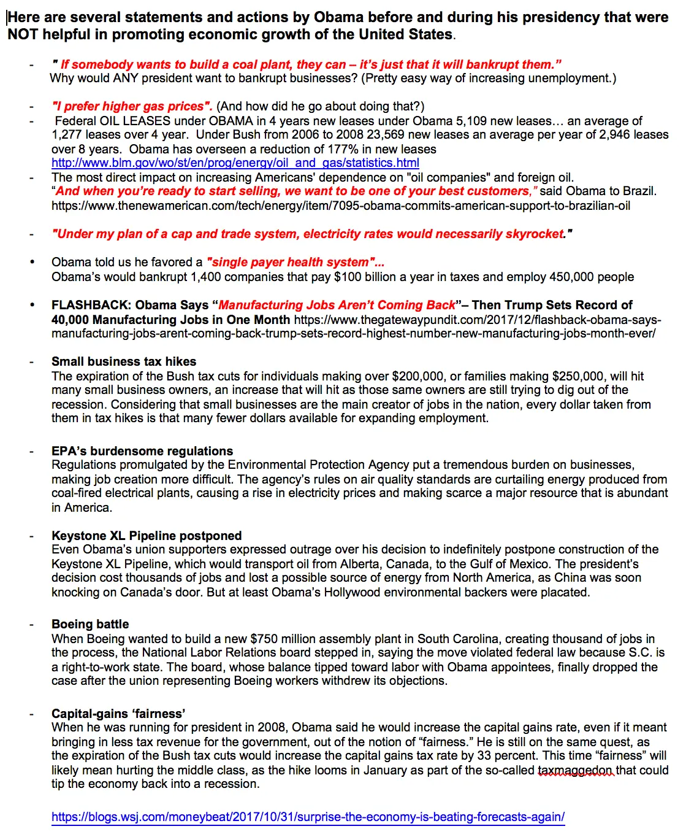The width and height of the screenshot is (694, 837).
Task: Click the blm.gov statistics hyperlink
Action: coord(235,163)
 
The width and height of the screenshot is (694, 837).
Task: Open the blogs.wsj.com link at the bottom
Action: coord(308,817)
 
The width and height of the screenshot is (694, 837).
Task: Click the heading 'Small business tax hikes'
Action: coord(124,361)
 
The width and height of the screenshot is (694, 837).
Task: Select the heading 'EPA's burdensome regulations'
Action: coord(142,451)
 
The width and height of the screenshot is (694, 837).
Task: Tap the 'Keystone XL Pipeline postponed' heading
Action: coord(147,536)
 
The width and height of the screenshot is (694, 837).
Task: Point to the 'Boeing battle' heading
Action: coord(90,624)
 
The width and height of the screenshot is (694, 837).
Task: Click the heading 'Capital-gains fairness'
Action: coord(118,714)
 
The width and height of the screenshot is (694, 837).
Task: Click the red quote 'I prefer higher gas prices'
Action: coord(132,107)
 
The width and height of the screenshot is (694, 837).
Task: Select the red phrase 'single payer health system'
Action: coord(295,263)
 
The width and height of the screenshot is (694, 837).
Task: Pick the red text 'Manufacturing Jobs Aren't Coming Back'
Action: coord(337,305)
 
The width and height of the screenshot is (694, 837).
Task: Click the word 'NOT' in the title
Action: coord(23,34)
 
